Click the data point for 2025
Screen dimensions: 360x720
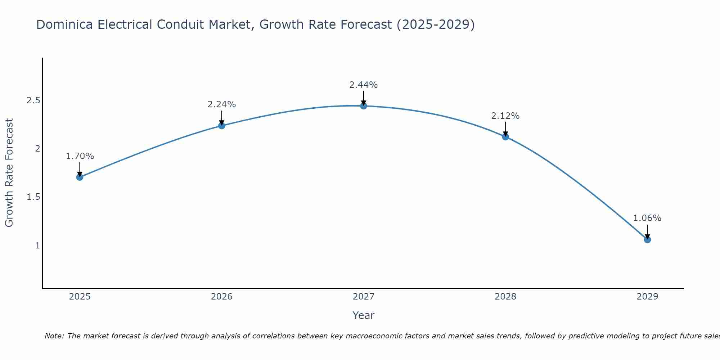80,177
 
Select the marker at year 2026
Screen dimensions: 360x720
222,126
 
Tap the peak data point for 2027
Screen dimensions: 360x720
364,106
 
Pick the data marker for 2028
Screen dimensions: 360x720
505,137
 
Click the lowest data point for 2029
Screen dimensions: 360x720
647,240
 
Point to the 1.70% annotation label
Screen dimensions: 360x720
80,156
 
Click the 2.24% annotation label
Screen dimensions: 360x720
222,104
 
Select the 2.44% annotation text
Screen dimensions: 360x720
364,85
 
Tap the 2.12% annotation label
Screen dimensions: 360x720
505,116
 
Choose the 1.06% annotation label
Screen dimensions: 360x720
647,218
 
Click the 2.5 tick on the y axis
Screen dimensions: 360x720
33,100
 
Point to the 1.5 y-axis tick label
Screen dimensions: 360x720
33,197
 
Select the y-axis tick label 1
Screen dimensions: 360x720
37,246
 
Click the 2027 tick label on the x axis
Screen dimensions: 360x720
364,297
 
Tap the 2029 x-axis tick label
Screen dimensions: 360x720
647,297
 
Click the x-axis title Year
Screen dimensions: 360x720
364,315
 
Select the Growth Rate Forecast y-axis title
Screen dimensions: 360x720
9,173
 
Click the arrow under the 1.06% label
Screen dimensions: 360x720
647,231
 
